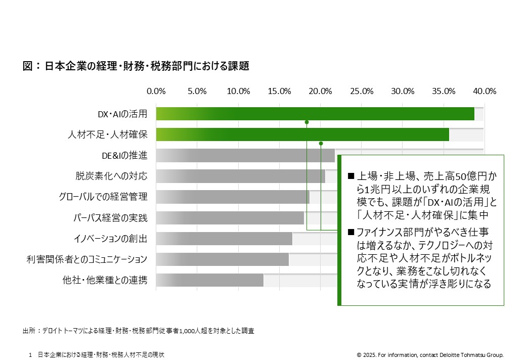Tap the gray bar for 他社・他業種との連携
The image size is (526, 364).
tap(210, 280)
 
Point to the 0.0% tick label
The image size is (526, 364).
tap(156, 91)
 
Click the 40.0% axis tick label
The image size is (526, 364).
tap(485, 91)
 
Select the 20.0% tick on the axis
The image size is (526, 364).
tap(320, 91)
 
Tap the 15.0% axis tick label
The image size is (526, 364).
tap(279, 91)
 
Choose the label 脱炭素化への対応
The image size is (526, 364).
tap(111, 176)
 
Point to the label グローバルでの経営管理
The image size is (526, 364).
tap(103, 197)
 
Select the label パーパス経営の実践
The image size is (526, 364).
tap(110, 218)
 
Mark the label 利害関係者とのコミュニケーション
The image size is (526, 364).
tap(87, 259)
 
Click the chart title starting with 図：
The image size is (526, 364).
tap(136, 66)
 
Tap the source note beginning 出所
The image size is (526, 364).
tap(138, 331)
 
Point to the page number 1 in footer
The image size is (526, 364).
tap(30, 355)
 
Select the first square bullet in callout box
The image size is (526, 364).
tap(351, 176)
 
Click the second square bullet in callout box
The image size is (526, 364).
tap(351, 232)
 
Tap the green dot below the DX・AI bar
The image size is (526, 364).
tap(306, 122)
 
